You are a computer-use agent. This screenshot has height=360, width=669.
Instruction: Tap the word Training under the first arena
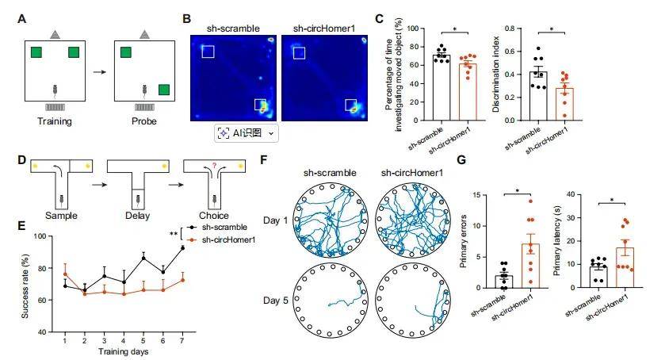tap(55, 121)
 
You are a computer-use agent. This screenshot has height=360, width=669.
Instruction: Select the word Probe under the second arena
tap(143, 121)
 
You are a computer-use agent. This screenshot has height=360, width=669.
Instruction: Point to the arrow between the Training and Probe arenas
tap(98, 71)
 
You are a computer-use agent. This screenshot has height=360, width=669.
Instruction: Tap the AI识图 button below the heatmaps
tap(247, 133)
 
